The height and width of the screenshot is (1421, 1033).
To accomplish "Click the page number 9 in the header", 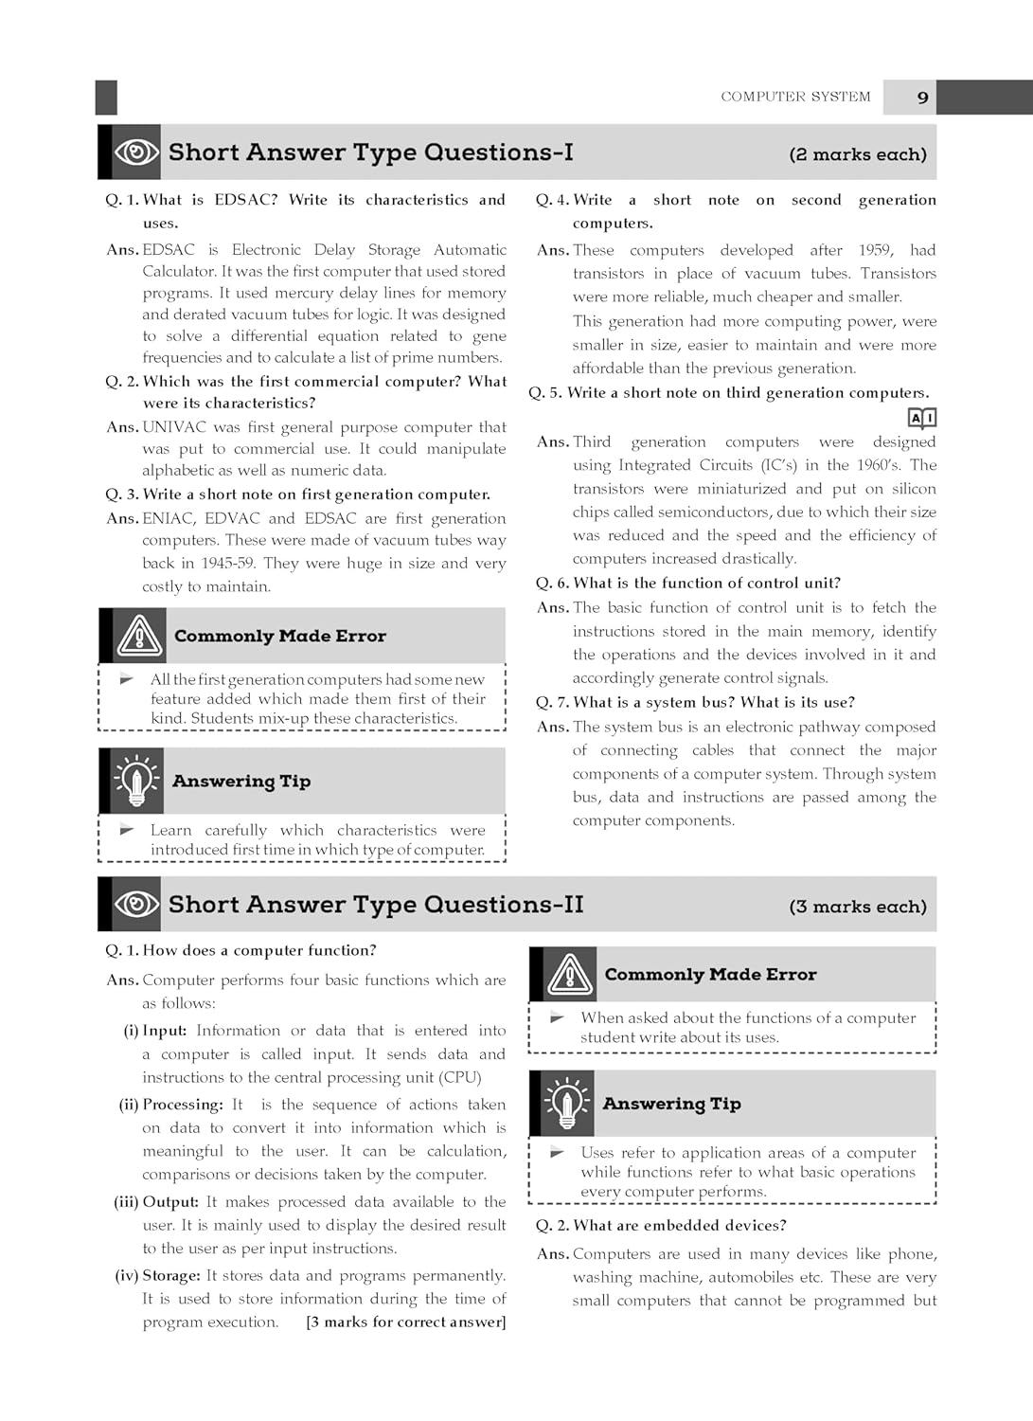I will pyautogui.click(x=922, y=98).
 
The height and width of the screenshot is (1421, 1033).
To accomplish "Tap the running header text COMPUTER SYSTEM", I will pyautogui.click(x=795, y=97).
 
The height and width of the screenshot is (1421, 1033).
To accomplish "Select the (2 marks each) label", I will pyautogui.click(x=858, y=154).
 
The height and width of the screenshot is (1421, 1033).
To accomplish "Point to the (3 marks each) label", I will pyautogui.click(x=858, y=907).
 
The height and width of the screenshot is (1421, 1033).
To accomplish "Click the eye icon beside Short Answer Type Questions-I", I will pyautogui.click(x=136, y=153).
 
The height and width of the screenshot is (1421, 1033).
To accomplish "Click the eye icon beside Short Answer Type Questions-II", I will pyautogui.click(x=136, y=905).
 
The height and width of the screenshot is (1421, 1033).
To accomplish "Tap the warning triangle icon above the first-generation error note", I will pyautogui.click(x=139, y=636).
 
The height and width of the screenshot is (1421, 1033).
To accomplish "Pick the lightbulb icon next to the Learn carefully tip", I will pyautogui.click(x=136, y=781).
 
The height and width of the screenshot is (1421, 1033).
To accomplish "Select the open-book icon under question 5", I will pyautogui.click(x=921, y=418).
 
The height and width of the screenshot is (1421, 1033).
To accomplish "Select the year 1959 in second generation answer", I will pyautogui.click(x=874, y=250).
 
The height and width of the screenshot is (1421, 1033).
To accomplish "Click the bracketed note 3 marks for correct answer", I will pyautogui.click(x=406, y=1322).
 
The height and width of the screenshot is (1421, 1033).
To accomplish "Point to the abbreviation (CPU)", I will pyautogui.click(x=462, y=1077).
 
